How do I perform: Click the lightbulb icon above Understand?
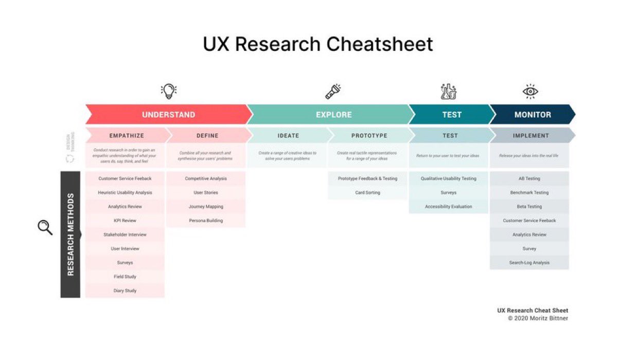168,91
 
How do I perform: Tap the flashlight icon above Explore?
333,91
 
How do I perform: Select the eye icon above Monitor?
530,92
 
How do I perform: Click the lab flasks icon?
449,91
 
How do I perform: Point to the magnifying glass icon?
45,227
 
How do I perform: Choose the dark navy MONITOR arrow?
533,115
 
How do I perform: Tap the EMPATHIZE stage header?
127,136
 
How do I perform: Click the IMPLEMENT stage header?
531,136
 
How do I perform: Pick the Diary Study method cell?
125,291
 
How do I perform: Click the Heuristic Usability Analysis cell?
125,192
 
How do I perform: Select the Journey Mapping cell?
206,206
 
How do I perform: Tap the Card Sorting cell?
367,192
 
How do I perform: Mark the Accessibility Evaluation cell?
448,206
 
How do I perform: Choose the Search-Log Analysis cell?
529,262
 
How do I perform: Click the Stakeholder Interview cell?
125,235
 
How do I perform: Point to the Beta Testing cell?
529,206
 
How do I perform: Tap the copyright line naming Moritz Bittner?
538,318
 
